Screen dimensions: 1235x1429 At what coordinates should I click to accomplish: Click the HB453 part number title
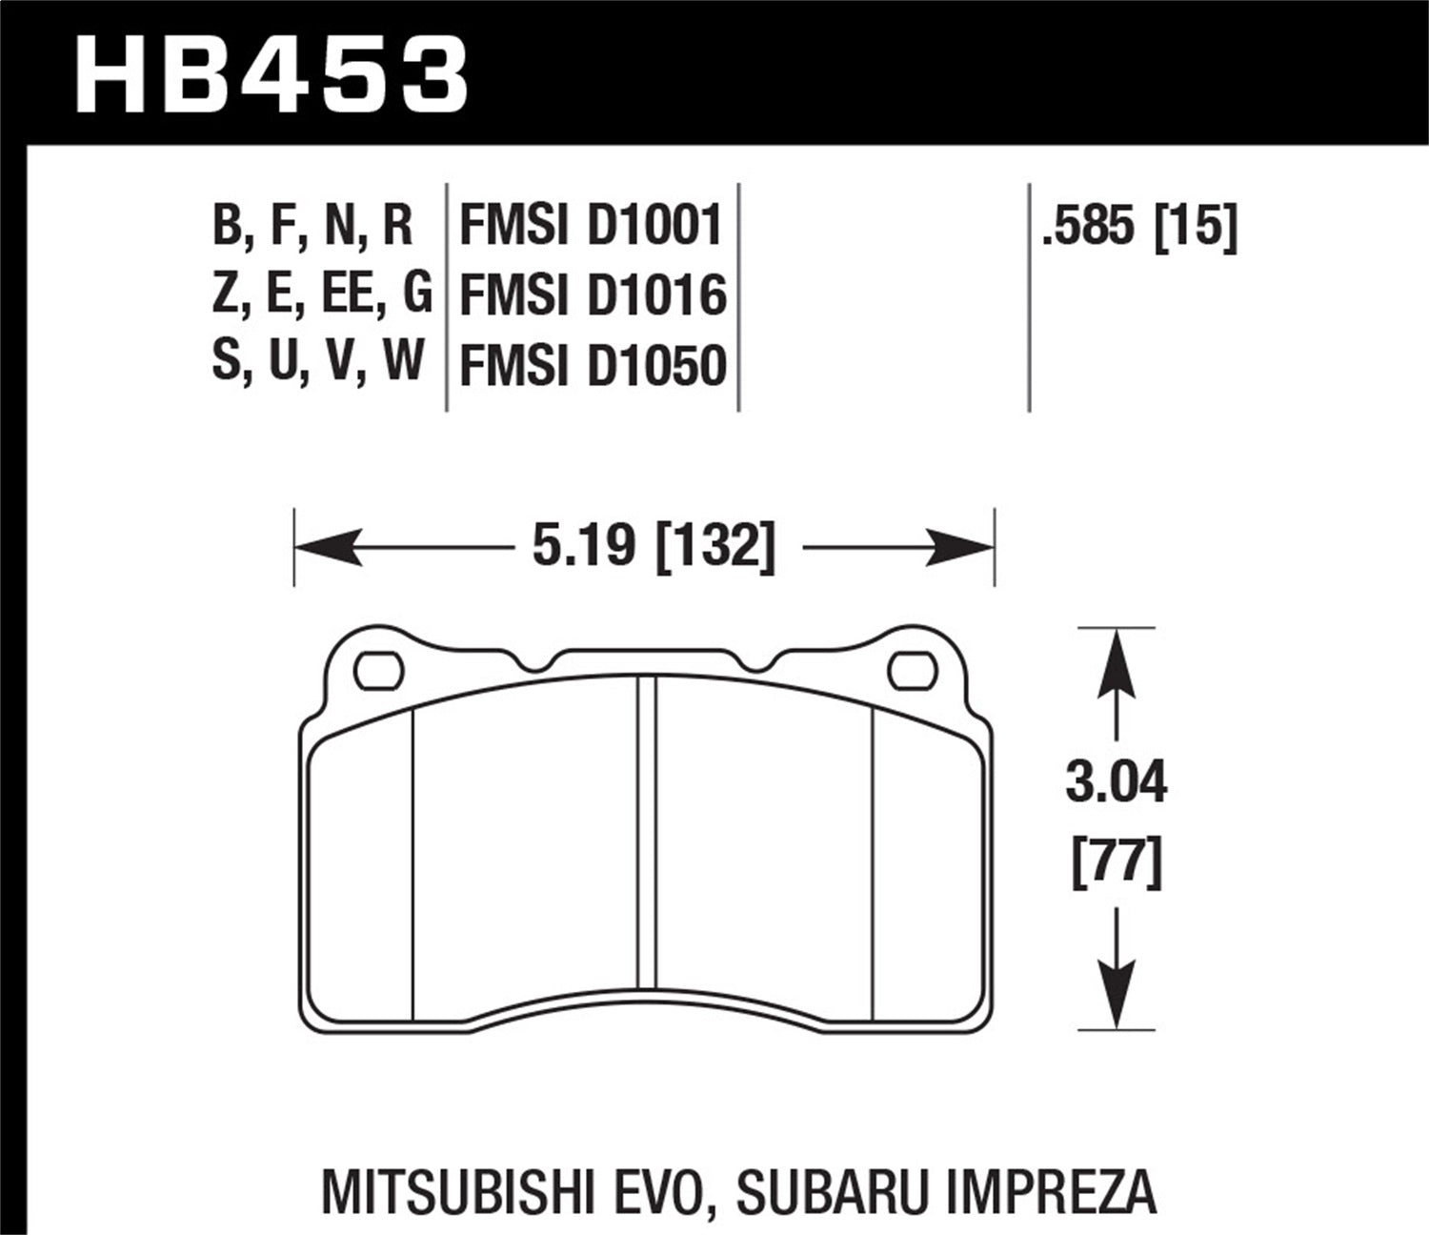click(x=272, y=73)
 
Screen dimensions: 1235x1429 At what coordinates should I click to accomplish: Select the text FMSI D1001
click(x=591, y=227)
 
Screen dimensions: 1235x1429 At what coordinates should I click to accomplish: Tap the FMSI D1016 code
click(x=593, y=295)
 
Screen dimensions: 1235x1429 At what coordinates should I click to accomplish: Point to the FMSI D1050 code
click(x=593, y=365)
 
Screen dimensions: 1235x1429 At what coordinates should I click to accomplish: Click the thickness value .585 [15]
click(x=1139, y=227)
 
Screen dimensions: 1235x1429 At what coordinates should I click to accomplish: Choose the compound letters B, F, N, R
click(x=312, y=227)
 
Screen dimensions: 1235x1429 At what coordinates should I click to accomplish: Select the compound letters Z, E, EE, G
click(x=321, y=294)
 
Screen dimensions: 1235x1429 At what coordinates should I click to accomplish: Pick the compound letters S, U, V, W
click(x=317, y=363)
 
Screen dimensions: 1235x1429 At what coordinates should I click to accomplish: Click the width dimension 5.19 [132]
click(x=654, y=548)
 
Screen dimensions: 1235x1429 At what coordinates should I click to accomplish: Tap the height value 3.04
click(x=1116, y=785)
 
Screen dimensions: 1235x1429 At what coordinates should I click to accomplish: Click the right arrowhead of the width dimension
click(x=960, y=548)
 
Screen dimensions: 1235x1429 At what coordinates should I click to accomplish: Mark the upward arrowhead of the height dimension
click(x=1116, y=662)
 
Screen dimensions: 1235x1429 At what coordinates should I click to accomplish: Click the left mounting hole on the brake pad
click(x=379, y=671)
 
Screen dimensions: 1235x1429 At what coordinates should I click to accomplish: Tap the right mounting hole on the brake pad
click(x=912, y=671)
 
